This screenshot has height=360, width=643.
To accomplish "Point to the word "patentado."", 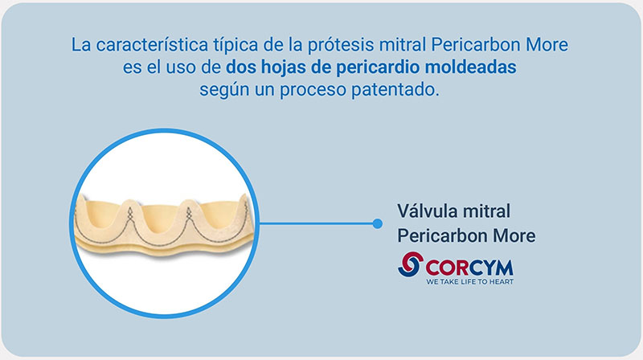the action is (395, 90).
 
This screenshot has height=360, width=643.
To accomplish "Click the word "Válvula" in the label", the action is (427, 211).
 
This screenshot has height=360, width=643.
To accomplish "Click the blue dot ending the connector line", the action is (378, 223).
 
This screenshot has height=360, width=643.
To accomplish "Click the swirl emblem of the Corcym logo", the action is (411, 264).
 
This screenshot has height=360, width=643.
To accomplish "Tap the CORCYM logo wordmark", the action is (469, 268).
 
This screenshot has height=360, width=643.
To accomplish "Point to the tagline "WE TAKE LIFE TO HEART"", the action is (470, 282).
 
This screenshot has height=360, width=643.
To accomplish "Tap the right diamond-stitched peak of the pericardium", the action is (189, 212).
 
